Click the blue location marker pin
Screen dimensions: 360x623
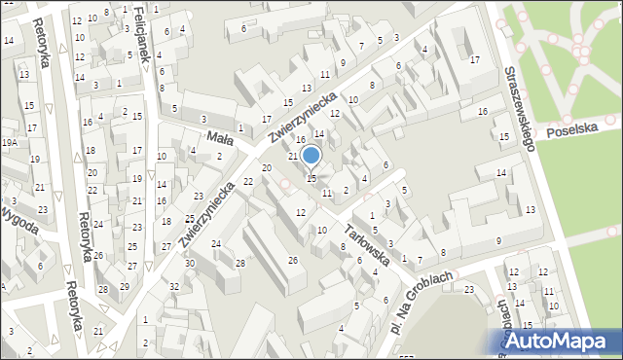pos(311,156)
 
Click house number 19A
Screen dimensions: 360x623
pos(9,142)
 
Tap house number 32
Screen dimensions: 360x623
pos(174,286)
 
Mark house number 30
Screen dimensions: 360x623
pos(190,264)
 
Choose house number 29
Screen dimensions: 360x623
pos(125,286)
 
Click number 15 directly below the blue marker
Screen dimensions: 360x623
pos(311,178)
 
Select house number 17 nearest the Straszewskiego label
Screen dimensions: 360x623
pos(474,60)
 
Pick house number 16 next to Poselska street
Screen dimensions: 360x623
pos(482,112)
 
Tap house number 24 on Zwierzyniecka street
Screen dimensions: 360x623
pos(216,243)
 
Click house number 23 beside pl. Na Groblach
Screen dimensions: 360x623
pos(468,289)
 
